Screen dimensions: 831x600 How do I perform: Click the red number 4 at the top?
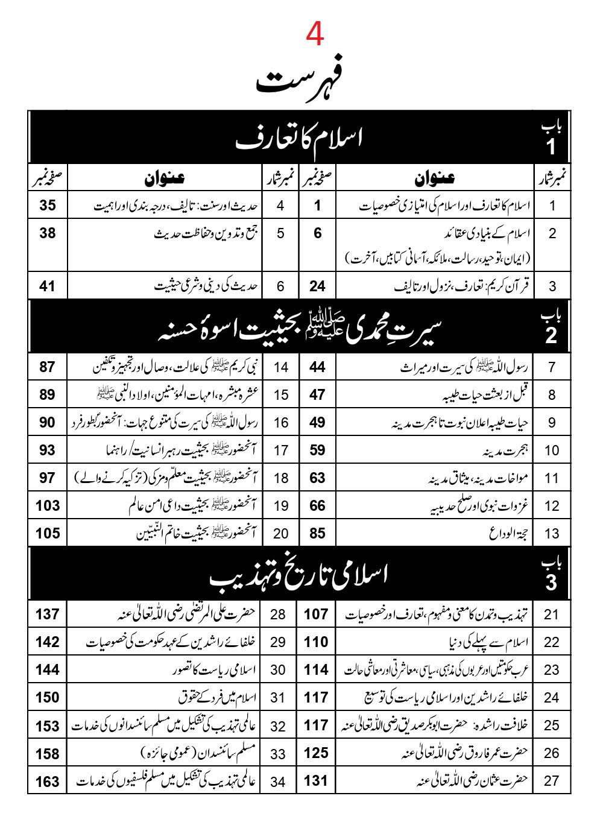315,34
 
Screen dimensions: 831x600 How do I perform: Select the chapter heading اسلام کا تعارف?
300,139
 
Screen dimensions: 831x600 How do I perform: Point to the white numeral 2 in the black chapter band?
551,335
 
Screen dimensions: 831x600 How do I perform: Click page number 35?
48,205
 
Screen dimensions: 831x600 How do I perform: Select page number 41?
48,286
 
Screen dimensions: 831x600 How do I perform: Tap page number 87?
48,367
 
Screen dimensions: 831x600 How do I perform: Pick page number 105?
48,533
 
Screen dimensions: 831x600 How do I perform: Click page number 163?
48,782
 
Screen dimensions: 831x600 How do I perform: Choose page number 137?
48,614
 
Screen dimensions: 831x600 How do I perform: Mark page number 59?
317,450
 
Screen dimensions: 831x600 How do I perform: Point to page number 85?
317,533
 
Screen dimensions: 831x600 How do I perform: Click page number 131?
316,780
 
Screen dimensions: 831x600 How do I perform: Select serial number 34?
278,782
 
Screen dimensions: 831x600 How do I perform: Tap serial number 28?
278,615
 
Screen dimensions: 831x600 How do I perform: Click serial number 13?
552,534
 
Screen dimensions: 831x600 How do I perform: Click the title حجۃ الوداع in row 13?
507,534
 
